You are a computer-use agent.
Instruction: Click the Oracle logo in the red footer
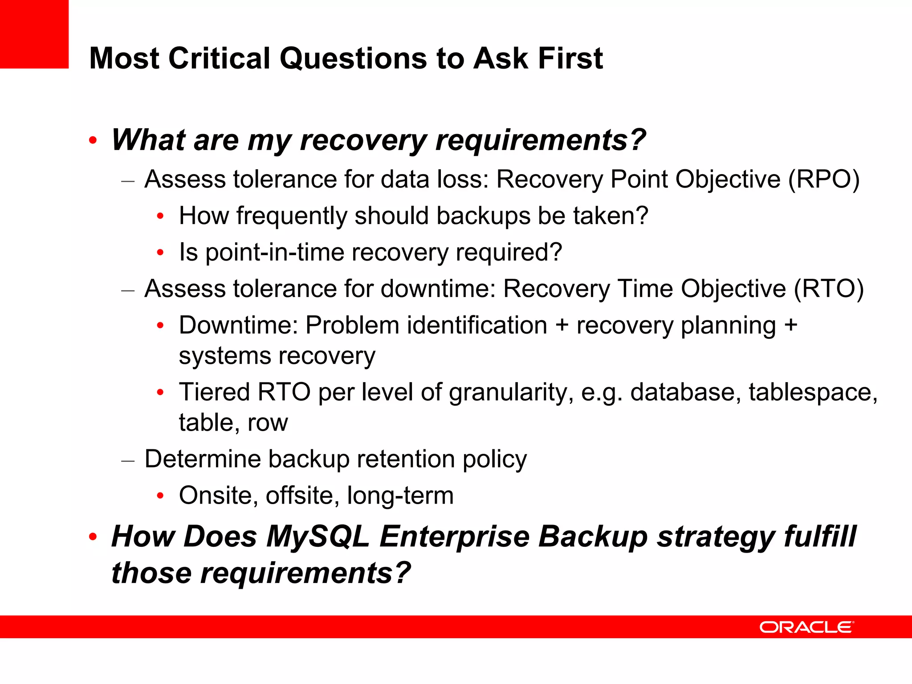point(806,627)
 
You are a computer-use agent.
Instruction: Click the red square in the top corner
point(34,34)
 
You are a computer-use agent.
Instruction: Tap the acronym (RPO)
point(824,179)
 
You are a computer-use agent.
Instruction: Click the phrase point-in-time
point(275,252)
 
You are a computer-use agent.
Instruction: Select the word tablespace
point(813,392)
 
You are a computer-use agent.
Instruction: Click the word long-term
point(400,496)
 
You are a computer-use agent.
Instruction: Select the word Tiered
point(214,392)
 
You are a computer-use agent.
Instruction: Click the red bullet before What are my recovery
point(93,141)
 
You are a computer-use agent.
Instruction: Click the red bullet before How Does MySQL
point(93,537)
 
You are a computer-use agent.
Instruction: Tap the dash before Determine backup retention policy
point(128,460)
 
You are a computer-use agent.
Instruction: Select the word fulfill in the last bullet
point(819,536)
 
